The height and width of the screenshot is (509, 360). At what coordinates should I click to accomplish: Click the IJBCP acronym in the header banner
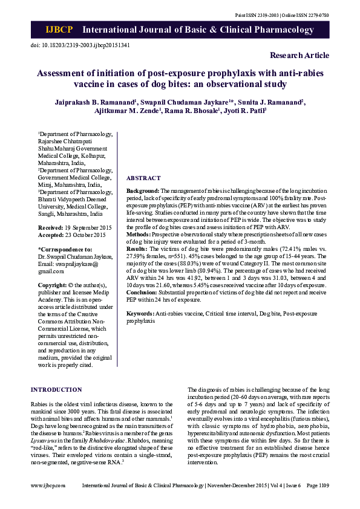[59, 30]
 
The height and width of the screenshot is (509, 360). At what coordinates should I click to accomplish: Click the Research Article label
[299, 56]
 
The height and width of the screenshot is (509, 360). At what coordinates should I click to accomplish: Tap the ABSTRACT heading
[143, 178]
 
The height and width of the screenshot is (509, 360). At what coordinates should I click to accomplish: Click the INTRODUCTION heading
[56, 390]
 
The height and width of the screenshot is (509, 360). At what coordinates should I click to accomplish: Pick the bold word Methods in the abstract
[140, 233]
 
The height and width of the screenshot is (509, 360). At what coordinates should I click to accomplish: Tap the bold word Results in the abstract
[137, 248]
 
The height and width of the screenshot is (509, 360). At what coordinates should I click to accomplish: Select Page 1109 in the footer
[318, 485]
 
